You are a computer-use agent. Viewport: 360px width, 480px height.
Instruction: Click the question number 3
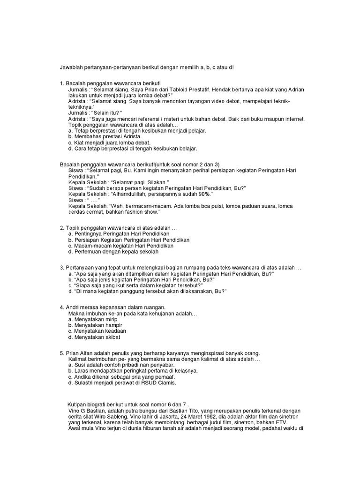tap(62, 267)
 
